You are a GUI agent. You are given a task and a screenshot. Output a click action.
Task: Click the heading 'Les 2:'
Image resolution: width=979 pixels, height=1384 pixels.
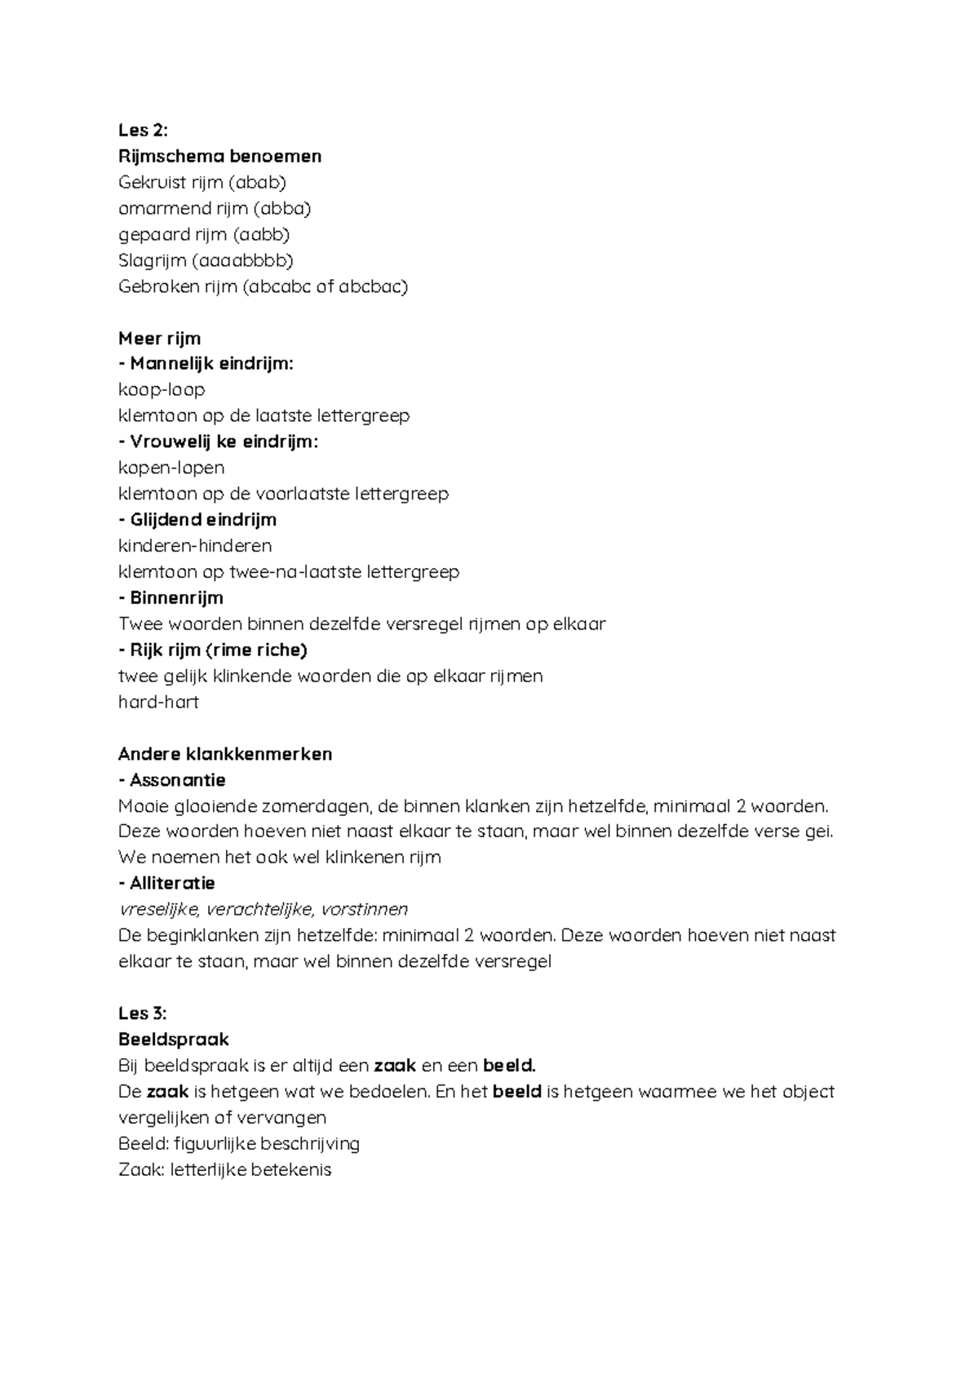[142, 131]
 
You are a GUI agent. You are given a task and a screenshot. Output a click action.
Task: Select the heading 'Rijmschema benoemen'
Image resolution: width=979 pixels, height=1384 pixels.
[219, 156]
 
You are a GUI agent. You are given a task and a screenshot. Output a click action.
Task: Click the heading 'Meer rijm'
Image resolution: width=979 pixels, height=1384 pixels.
[159, 338]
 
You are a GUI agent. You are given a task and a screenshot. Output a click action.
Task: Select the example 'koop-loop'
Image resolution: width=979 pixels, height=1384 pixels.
[162, 389]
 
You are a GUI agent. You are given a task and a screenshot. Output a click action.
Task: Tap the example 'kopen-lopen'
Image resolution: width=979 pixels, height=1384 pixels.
[171, 468]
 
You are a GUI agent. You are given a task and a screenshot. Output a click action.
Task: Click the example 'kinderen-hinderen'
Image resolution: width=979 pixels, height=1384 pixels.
[195, 545]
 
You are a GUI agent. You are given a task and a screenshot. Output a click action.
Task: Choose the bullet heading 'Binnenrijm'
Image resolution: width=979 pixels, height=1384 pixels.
[176, 597]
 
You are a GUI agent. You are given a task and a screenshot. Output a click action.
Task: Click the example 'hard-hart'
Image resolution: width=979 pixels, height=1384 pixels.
[158, 702]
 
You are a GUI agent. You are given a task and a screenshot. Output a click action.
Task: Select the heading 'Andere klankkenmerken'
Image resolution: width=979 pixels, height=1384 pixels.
[225, 753]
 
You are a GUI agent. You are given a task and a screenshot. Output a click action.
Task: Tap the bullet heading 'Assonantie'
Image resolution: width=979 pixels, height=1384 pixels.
[177, 779]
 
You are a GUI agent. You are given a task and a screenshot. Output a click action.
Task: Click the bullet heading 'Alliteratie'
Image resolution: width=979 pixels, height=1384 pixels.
[172, 883]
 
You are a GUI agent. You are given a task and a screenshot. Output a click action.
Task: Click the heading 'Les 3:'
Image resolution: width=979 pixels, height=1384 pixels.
[142, 1014]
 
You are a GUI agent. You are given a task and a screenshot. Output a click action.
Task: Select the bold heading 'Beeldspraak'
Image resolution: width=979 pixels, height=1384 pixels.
[173, 1040]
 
